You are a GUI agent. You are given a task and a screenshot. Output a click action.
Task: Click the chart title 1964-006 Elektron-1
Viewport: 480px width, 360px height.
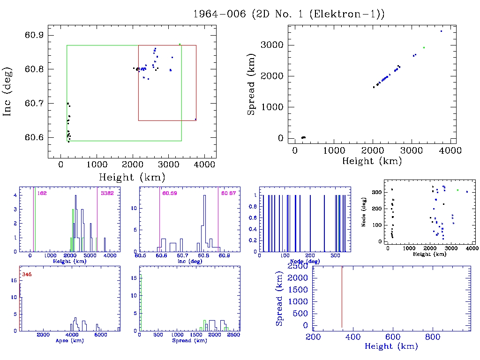(x=289, y=14)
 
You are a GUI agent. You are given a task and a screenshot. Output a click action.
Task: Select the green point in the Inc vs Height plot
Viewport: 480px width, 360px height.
(x=180, y=45)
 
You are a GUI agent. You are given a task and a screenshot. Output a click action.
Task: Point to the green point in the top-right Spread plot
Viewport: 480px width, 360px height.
(x=424, y=47)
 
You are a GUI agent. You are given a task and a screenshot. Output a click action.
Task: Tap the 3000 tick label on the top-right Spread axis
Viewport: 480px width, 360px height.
(x=272, y=45)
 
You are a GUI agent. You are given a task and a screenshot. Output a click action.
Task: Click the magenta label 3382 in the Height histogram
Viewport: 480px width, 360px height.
(x=107, y=193)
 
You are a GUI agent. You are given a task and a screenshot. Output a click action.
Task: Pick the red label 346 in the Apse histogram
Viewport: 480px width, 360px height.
(x=27, y=274)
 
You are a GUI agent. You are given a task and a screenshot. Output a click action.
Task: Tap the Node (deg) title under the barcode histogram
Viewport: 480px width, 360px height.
(x=303, y=261)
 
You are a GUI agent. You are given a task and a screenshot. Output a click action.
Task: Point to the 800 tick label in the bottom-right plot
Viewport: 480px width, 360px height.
(x=432, y=337)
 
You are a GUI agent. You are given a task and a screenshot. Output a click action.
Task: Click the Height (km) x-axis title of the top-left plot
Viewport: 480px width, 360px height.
(x=132, y=177)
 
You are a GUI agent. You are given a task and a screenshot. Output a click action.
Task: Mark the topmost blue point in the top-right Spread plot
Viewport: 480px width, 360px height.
(x=441, y=31)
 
